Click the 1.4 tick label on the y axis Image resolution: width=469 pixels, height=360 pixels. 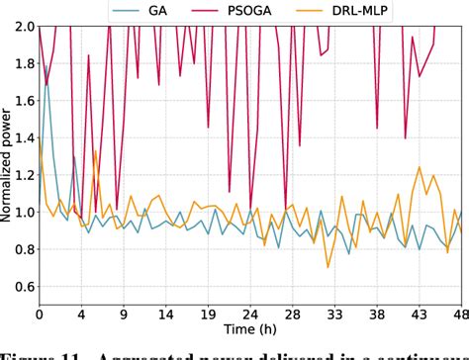[x=22, y=136]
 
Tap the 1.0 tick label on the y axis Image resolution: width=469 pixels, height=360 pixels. [x=22, y=212]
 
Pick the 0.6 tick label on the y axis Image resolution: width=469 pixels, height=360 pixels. [x=22, y=287]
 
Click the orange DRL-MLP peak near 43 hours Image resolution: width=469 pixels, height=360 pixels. [x=422, y=167]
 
